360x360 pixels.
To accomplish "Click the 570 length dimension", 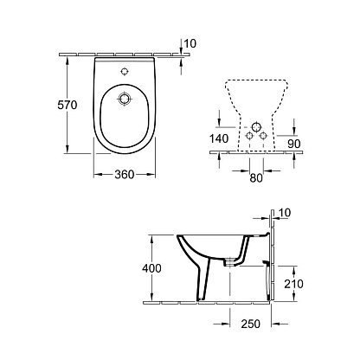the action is click(x=67, y=105).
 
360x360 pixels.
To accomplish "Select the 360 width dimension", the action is click(x=125, y=174).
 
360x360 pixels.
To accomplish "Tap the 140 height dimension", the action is click(x=219, y=138).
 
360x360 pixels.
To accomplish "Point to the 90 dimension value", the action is click(x=294, y=144).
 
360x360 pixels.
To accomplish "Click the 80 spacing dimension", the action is click(x=256, y=178).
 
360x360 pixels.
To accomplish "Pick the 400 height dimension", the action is click(x=151, y=268).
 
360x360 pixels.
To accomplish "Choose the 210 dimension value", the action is click(x=293, y=284).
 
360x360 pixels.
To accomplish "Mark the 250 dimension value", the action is click(x=250, y=324).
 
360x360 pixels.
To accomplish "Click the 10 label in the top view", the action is click(x=190, y=43).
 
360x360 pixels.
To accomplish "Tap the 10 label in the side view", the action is click(x=285, y=213).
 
